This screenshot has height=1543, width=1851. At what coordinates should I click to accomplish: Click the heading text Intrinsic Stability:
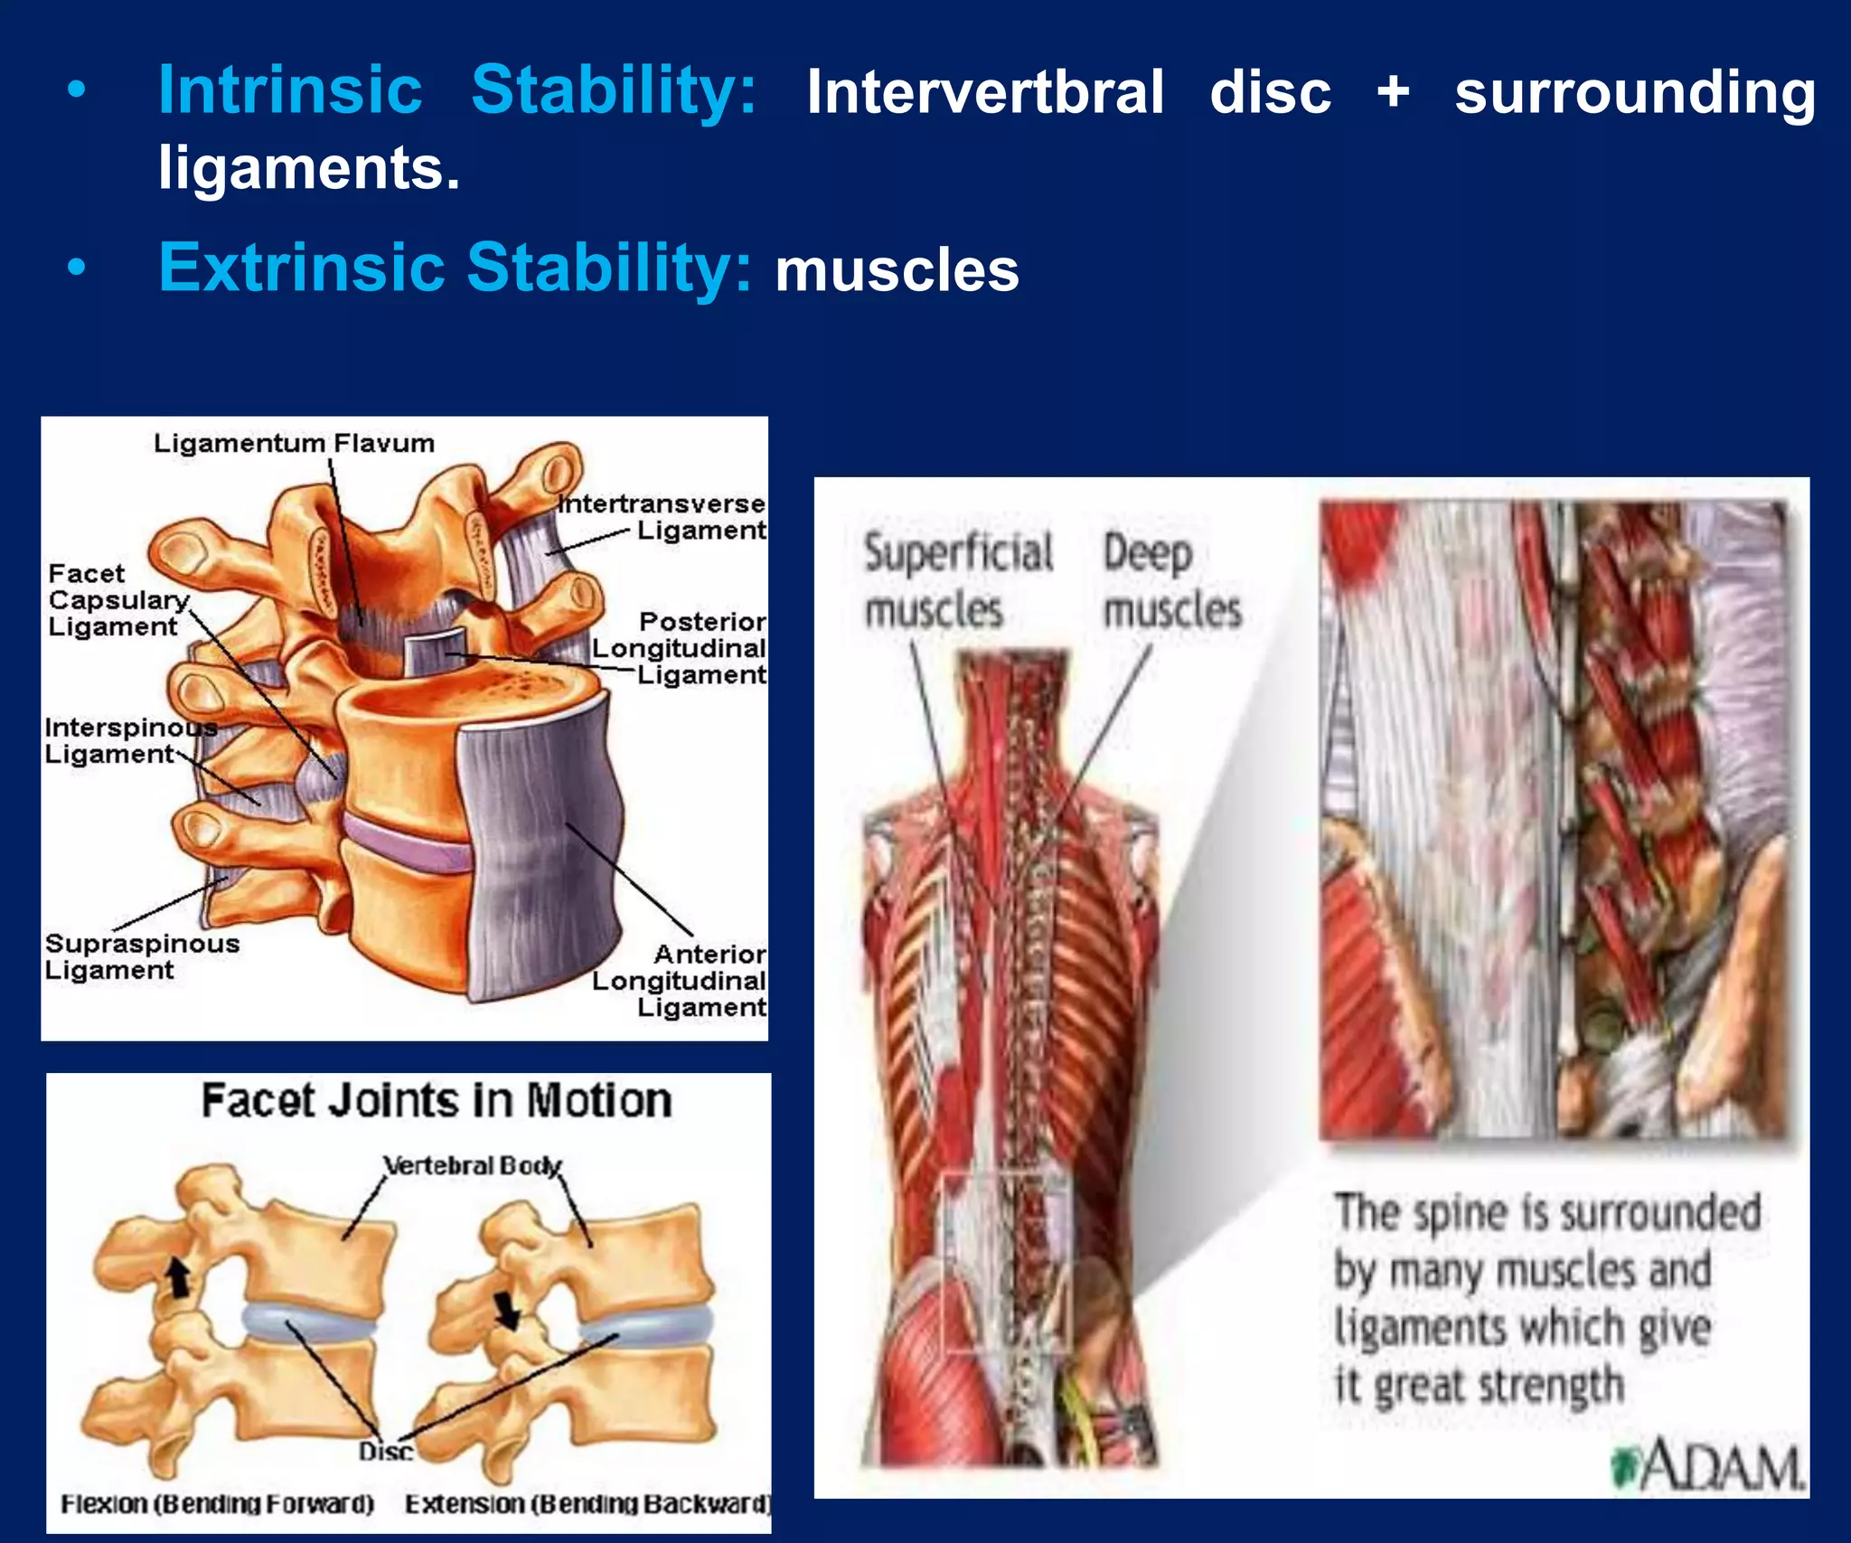point(456,90)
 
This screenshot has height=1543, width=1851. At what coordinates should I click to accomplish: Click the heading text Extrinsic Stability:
point(455,268)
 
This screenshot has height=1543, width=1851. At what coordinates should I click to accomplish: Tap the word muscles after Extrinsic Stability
point(897,270)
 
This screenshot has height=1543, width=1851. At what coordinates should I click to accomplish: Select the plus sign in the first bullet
point(1393,91)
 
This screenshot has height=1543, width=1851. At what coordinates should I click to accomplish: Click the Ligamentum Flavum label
point(294,444)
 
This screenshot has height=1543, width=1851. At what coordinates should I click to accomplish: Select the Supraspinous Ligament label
point(140,956)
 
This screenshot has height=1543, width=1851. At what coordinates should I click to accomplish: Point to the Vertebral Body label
point(472,1166)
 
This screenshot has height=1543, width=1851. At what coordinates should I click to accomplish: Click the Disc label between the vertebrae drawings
point(386,1452)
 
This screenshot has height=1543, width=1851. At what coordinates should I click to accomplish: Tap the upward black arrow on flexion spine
point(179,1279)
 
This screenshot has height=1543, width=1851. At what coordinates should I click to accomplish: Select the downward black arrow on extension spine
point(507,1310)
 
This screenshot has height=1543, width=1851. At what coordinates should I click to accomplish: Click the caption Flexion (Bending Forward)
point(217,1504)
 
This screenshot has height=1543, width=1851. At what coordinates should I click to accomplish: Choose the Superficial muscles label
point(958,580)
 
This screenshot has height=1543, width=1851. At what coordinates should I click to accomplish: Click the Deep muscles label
point(1172,580)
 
